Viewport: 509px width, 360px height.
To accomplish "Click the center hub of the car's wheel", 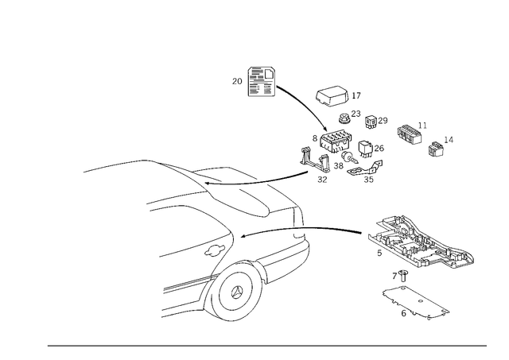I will (235, 292).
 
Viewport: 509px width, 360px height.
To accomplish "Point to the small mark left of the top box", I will (234, 80).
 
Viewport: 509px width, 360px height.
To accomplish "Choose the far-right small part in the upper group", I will (437, 146).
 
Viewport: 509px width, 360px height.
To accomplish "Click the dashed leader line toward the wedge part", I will (334, 230).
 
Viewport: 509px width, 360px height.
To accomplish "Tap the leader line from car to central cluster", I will (282, 176).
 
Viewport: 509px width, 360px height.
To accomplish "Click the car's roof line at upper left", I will (119, 167).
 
